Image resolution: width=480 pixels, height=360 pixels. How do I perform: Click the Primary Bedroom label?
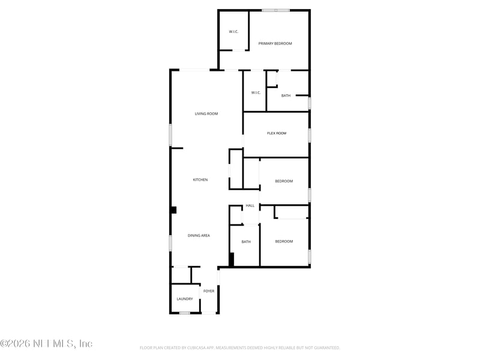pos(275,44)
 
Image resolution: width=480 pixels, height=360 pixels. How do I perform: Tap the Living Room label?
pos(206,113)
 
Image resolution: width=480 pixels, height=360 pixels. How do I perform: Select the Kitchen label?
pos(200,180)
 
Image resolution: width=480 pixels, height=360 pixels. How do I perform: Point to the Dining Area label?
pos(199,236)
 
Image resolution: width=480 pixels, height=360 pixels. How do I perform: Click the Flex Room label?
pos(277,133)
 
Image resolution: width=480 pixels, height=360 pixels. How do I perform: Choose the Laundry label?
pos(184,299)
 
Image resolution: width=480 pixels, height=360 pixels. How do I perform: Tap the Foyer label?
pos(209,291)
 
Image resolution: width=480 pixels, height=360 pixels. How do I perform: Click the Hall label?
pos(250,206)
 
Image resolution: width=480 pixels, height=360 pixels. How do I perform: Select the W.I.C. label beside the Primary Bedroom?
pos(234,32)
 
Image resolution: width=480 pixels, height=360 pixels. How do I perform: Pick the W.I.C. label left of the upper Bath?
pos(256,92)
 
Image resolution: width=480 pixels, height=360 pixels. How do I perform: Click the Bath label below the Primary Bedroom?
pos(286,95)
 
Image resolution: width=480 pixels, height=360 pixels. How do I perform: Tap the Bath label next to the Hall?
pos(246,242)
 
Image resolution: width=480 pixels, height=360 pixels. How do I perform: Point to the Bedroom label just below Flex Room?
pos(284,181)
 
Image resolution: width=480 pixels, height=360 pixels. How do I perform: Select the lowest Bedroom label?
pos(284,241)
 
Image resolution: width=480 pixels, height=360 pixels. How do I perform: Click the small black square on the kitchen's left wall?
pos(174,210)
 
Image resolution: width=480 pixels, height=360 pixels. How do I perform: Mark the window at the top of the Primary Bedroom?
pos(275,10)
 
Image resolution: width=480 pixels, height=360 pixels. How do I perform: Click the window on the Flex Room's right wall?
pos(310,135)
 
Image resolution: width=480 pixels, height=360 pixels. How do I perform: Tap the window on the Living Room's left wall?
pos(170,135)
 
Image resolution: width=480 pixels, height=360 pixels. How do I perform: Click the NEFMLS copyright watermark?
pos(46,344)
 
